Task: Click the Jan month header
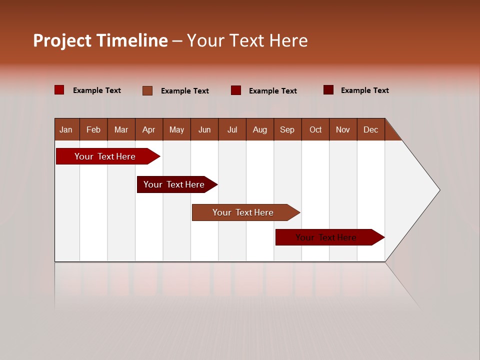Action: [66, 129]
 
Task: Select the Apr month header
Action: [148, 129]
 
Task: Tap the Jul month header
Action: [232, 129]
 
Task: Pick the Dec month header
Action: [370, 129]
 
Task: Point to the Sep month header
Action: [287, 129]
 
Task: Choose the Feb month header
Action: [93, 129]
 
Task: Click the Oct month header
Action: [315, 129]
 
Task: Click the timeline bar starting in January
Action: [105, 156]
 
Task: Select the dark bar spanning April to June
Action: [174, 184]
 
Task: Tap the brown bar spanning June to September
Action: [243, 212]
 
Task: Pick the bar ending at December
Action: [326, 237]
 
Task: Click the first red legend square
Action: [59, 90]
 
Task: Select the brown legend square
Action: [147, 90]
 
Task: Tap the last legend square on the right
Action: [328, 90]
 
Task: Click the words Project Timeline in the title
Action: [100, 40]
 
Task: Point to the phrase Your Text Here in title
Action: [247, 40]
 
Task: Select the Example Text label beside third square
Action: [272, 90]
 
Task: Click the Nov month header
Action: [343, 129]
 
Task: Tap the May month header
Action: [176, 129]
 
